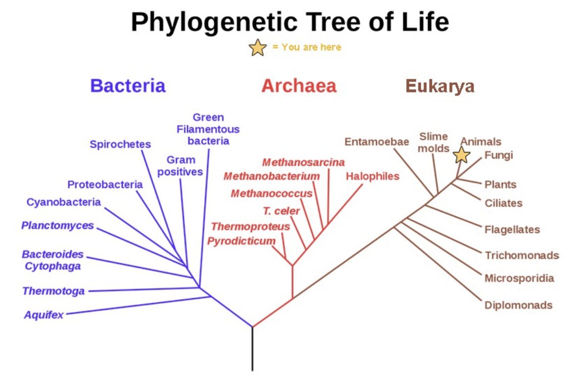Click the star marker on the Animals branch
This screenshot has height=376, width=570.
461,155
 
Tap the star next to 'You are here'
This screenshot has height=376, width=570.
257,48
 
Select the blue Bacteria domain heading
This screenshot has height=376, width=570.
128,86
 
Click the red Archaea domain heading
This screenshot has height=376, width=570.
299,86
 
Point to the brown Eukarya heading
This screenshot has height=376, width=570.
440,86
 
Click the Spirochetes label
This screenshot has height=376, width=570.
120,145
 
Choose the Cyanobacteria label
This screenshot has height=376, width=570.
64,202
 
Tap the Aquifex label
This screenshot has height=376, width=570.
44,314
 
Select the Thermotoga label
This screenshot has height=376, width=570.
54,291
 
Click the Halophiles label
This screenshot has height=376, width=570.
372,176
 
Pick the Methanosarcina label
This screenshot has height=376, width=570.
304,162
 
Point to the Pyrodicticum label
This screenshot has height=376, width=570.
242,241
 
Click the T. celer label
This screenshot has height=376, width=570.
281,211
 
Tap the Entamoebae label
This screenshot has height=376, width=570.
376,142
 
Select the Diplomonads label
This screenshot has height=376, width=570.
518,305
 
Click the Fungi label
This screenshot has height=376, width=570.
499,155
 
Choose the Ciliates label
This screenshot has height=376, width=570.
503,203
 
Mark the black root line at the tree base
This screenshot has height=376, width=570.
252,349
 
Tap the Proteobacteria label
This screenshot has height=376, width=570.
105,184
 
